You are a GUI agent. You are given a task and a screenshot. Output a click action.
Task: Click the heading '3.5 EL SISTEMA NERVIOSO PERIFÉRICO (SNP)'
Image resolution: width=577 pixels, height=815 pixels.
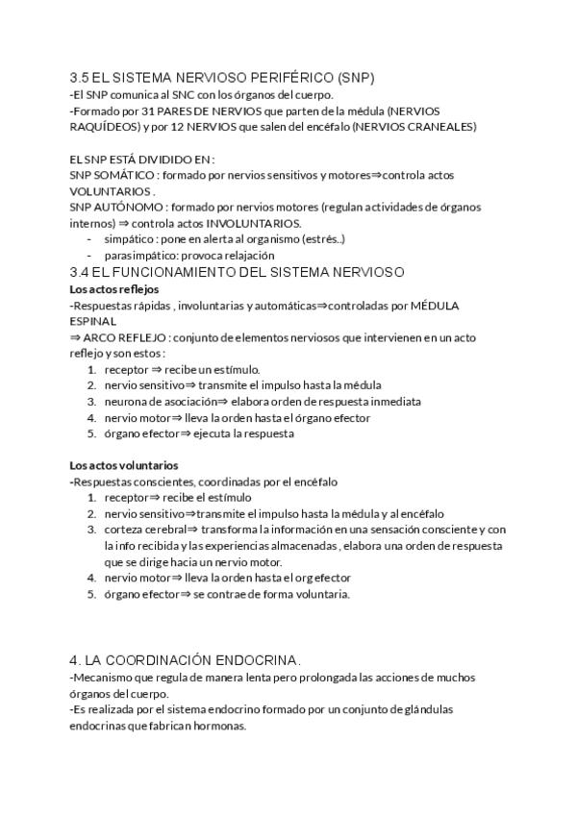222,77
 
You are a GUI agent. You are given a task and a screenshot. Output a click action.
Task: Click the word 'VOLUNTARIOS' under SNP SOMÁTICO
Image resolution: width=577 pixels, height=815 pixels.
111,191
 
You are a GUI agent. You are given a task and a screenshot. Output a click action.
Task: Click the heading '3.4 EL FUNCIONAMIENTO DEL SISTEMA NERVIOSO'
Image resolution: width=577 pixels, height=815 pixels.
238,272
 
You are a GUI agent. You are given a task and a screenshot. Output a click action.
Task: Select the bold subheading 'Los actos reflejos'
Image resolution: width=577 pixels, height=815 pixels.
114,288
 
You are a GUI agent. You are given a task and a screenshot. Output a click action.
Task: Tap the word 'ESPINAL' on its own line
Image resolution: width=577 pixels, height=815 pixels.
93,321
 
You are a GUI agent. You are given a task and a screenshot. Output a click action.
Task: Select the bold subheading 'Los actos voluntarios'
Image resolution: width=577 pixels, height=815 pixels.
124,465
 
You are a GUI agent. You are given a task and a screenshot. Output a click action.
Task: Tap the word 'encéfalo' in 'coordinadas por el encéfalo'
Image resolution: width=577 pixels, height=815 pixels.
314,482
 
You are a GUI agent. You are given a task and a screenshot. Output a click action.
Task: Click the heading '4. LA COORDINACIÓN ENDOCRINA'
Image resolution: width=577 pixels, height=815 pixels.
185,660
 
